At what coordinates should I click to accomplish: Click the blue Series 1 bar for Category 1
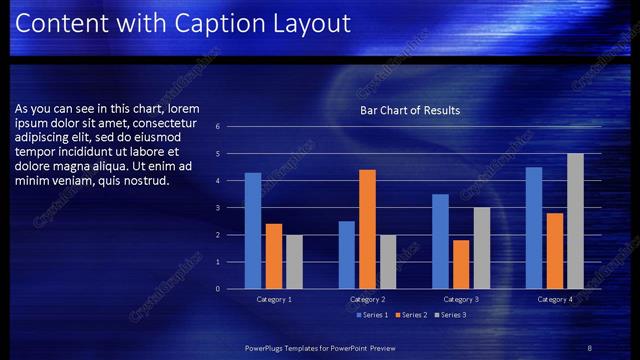click(253, 231)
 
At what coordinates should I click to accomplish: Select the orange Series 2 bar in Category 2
click(367, 229)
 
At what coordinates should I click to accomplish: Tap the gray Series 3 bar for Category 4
click(575, 221)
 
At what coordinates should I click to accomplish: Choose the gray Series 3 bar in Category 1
click(294, 262)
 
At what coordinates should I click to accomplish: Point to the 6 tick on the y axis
click(231, 127)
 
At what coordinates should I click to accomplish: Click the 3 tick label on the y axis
click(231, 208)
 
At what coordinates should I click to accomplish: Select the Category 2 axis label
click(368, 299)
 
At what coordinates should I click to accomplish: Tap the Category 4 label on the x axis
click(555, 299)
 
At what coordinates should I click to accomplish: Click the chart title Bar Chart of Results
click(410, 110)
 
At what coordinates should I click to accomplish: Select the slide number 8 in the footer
click(589, 347)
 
